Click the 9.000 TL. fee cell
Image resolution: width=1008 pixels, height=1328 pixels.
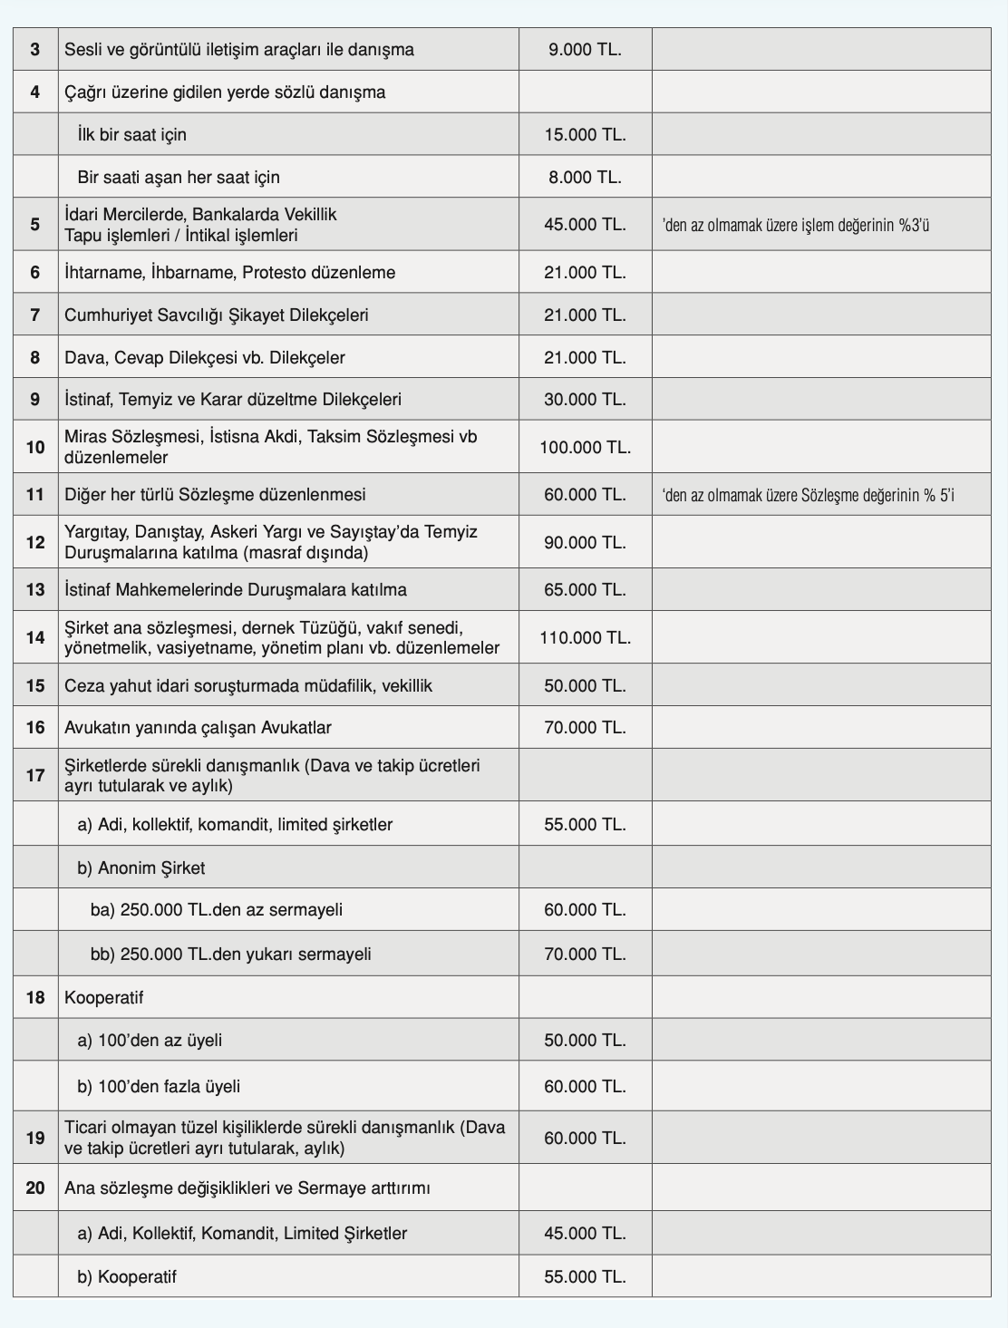pyautogui.click(x=585, y=50)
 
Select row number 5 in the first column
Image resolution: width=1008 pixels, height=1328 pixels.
pyautogui.click(x=35, y=224)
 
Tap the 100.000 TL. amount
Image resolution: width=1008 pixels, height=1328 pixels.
pyautogui.click(x=585, y=447)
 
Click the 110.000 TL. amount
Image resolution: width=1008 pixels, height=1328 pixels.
pyautogui.click(x=585, y=638)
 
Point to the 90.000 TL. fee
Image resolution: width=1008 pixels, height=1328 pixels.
pyautogui.click(x=585, y=542)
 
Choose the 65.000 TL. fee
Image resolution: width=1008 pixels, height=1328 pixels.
pyautogui.click(x=585, y=590)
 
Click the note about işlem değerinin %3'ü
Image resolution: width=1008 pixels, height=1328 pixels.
pyautogui.click(x=796, y=225)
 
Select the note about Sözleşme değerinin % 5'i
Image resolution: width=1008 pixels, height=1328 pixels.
pyautogui.click(x=809, y=495)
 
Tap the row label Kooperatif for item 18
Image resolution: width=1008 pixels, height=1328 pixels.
pyautogui.click(x=103, y=998)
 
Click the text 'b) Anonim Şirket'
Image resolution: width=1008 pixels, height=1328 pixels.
pyautogui.click(x=141, y=868)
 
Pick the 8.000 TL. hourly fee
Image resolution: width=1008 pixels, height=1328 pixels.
pyautogui.click(x=585, y=178)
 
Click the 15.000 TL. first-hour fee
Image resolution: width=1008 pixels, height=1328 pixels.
pyautogui.click(x=585, y=135)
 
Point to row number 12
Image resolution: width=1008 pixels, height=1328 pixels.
pyautogui.click(x=35, y=542)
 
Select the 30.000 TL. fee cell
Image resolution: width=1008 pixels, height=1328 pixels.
pyautogui.click(x=585, y=400)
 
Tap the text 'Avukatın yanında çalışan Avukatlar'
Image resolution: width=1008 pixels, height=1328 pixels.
pyautogui.click(x=198, y=728)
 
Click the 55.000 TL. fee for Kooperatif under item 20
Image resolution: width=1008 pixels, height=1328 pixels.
pyautogui.click(x=585, y=1277)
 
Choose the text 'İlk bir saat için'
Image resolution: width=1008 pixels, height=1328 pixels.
pyautogui.click(x=131, y=135)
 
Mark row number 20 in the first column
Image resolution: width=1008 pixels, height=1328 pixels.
pyautogui.click(x=35, y=1187)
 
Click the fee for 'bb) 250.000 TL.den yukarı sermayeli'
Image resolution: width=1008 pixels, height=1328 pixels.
pyautogui.click(x=585, y=955)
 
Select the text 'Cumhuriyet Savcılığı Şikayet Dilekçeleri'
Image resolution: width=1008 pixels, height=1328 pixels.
pyautogui.click(x=216, y=315)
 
